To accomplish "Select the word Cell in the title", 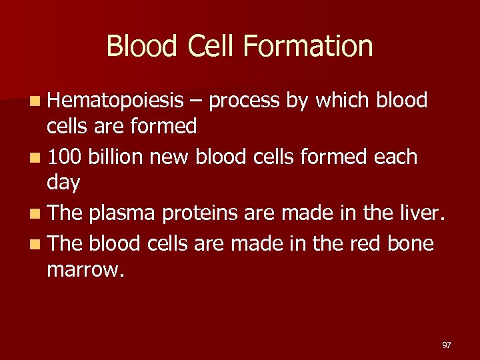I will (211, 47).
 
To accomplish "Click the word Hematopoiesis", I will (115, 101).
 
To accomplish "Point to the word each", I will (395, 158).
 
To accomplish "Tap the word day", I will (63, 182).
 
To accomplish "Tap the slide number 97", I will (447, 345).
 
